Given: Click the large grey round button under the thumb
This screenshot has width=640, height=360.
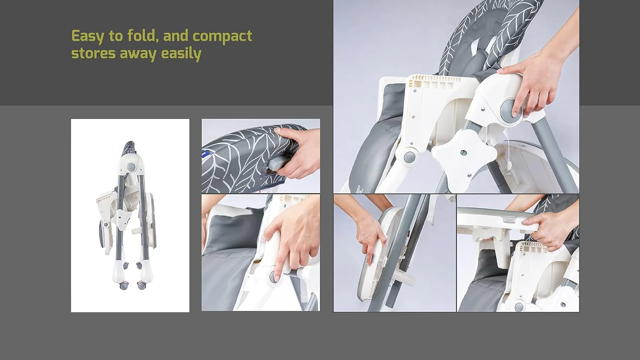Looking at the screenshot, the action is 511,112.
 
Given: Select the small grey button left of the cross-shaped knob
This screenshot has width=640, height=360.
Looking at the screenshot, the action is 409,157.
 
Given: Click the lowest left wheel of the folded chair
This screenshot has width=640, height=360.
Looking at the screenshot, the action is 123,285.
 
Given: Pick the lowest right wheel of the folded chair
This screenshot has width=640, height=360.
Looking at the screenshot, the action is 141,285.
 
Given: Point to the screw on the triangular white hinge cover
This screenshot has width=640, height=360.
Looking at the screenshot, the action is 483,109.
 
